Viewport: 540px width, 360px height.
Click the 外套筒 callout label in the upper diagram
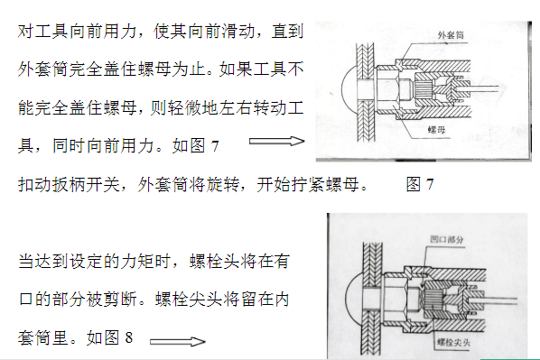click(x=451, y=35)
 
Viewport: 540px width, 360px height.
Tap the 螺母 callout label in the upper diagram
click(x=437, y=130)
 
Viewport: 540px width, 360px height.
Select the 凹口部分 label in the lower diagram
click(x=447, y=239)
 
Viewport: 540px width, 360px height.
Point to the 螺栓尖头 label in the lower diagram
click(x=453, y=342)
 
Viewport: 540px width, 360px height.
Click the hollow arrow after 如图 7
click(x=277, y=141)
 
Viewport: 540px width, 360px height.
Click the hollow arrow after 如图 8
click(x=178, y=341)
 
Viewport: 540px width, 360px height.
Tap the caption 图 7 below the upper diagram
click(x=420, y=184)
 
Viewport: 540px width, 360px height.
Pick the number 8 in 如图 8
click(x=129, y=337)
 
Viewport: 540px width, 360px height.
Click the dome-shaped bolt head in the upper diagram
click(x=349, y=89)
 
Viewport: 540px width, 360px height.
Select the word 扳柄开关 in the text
click(x=86, y=184)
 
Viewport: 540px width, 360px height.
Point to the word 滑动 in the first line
click(x=238, y=32)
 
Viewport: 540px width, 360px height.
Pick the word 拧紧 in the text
click(x=308, y=184)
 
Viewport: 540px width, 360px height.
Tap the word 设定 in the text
click(x=86, y=262)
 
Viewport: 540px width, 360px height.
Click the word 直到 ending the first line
click(x=288, y=32)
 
